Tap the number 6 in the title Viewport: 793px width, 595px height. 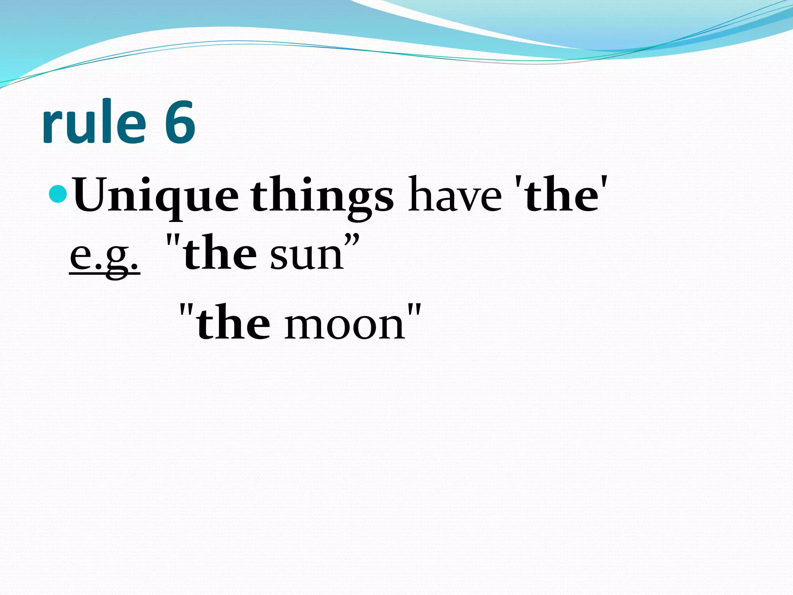click(180, 122)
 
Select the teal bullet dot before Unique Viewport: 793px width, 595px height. click(59, 194)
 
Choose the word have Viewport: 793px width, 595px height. click(455, 196)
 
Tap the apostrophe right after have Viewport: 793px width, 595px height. click(517, 182)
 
